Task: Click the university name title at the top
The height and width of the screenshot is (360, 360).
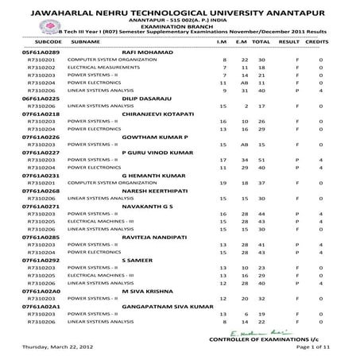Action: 180,13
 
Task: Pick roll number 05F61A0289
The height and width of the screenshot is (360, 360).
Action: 37,51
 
